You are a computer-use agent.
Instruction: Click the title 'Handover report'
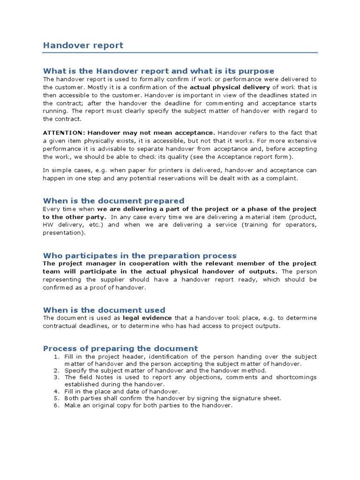coord(83,45)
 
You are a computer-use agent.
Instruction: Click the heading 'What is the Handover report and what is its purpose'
coord(158,71)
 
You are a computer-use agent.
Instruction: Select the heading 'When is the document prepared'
coord(113,201)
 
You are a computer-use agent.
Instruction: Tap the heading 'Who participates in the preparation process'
coord(140,255)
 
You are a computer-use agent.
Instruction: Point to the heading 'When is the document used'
coord(104,310)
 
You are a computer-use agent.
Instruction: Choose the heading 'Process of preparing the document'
coord(120,348)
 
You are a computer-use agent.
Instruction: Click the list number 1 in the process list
coord(56,357)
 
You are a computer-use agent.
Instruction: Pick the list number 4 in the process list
coord(56,391)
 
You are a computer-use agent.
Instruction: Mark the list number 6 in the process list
coord(56,405)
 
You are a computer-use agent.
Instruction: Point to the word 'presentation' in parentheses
coord(63,232)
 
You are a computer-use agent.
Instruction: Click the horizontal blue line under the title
coord(180,52)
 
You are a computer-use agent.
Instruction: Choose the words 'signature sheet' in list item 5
coord(258,398)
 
